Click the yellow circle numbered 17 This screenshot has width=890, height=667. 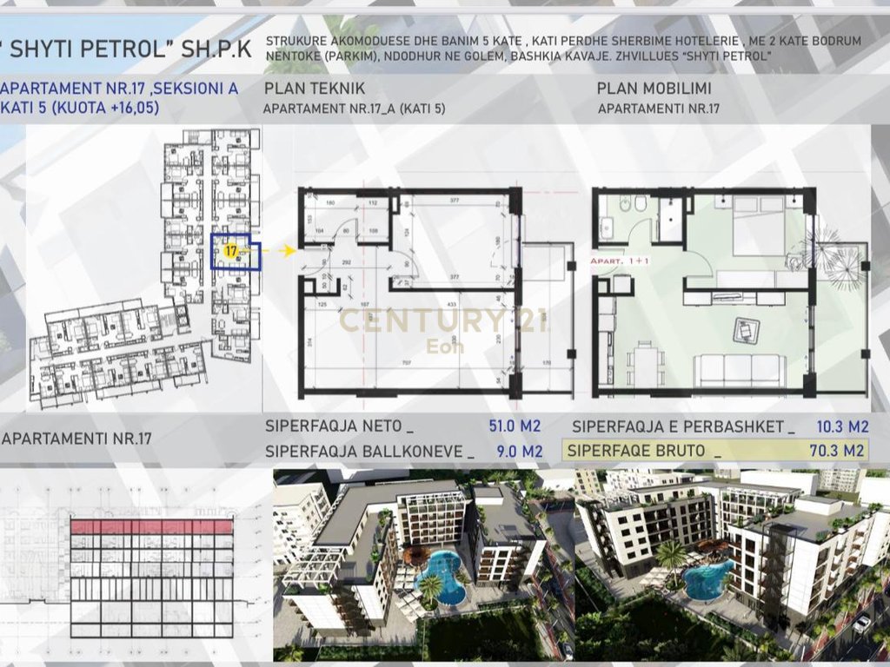230,250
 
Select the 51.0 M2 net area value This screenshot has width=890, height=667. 515,426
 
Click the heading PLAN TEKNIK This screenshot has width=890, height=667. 314,89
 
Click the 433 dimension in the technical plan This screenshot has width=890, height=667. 450,305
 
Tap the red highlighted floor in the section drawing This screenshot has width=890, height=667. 152,526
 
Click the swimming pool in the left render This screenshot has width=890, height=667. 441,575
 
